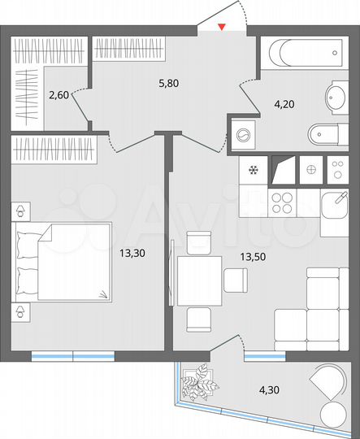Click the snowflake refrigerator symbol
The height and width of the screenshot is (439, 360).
(x=253, y=171)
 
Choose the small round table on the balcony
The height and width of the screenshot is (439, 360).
(x=332, y=413)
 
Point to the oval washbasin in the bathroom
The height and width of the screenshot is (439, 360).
(x=336, y=98)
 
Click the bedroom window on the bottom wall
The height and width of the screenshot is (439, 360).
(x=72, y=354)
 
